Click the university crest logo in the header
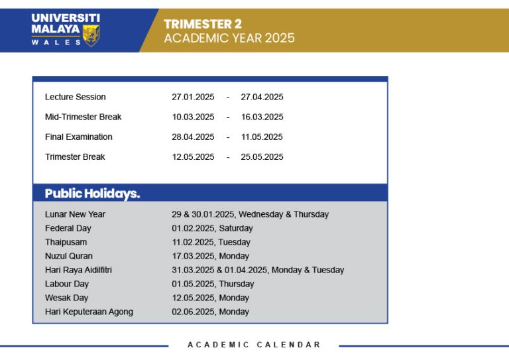pos(91,34)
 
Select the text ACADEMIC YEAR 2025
pos(229,38)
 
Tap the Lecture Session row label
pos(75,97)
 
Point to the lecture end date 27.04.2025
pos(262,97)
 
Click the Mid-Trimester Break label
pos(83,117)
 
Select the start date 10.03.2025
pos(193,117)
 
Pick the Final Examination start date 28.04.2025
pos(193,137)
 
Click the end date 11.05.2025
pos(262,137)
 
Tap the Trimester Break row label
pos(75,156)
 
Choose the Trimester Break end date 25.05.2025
pos(262,156)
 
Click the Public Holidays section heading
pos(92,194)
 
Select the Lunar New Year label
pos(75,214)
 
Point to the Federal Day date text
pos(212,228)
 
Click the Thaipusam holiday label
pos(66,242)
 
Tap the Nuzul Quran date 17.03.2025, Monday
pos(210,256)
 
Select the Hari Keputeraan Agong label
pos(89,312)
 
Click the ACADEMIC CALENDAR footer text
pos(254,345)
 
